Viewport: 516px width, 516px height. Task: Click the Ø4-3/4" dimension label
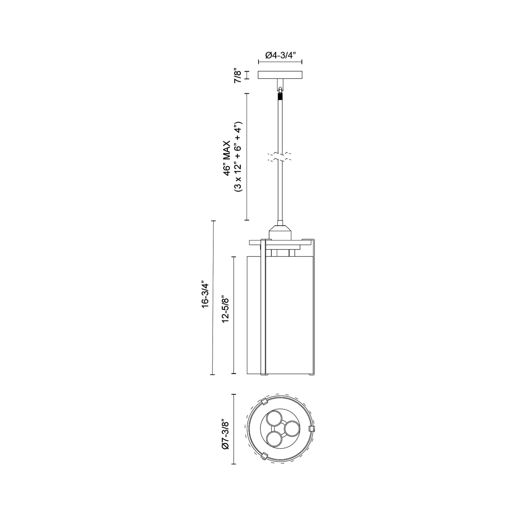tap(280, 56)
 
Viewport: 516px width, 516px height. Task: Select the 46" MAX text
tap(227, 158)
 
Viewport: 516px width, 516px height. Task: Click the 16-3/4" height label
tap(205, 298)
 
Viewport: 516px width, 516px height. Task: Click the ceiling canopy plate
tap(280, 75)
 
